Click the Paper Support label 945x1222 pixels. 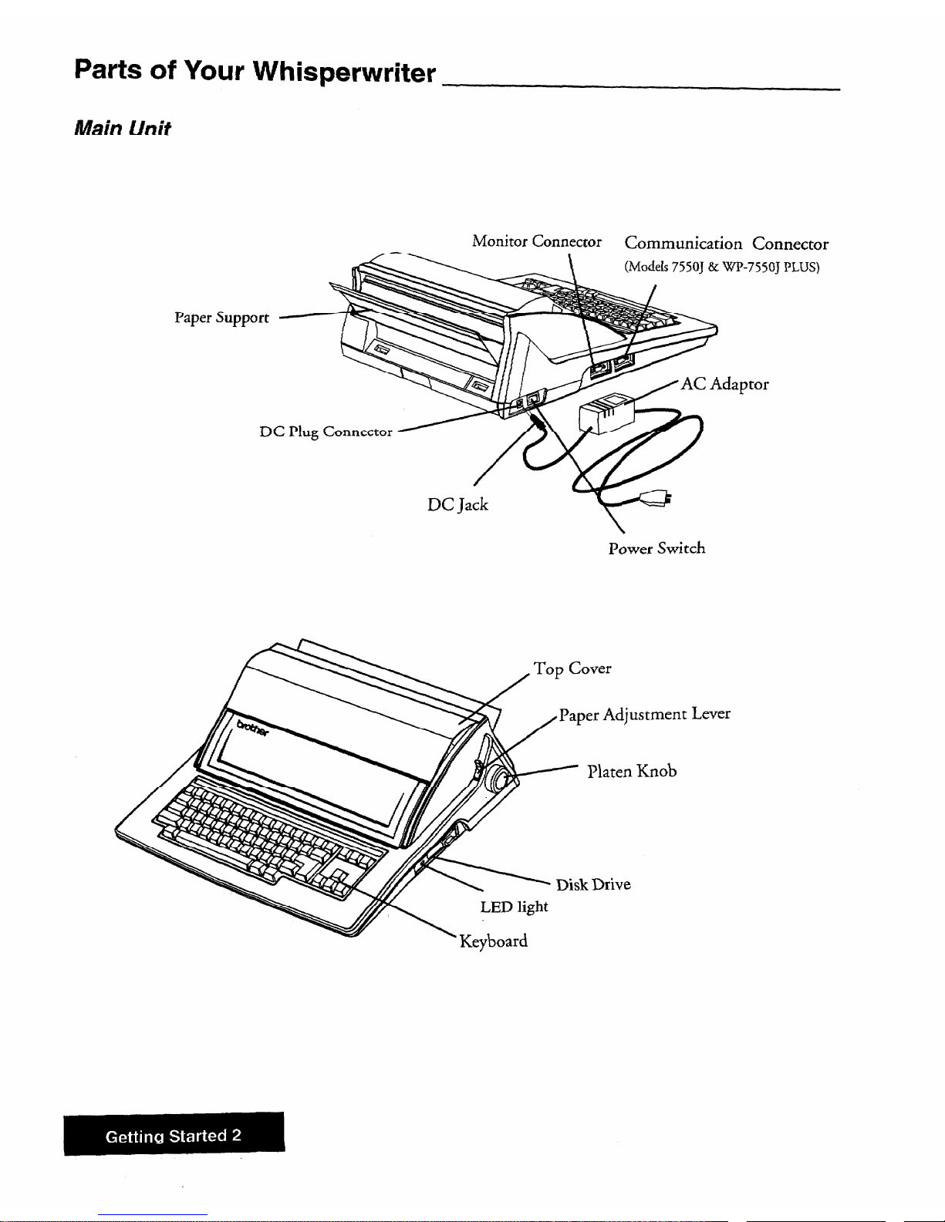click(x=221, y=318)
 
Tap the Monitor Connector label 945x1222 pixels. click(x=537, y=241)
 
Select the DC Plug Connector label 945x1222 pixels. click(x=326, y=432)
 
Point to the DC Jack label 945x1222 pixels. click(x=457, y=504)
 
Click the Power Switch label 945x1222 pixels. click(x=656, y=548)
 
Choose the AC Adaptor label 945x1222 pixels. click(x=724, y=385)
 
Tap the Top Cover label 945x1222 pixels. click(x=572, y=668)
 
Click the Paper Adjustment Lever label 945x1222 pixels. click(x=645, y=715)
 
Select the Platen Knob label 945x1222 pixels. click(x=632, y=771)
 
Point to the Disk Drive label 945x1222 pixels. click(x=593, y=884)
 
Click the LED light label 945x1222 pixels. click(x=514, y=907)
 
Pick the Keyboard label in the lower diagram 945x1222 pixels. click(x=493, y=941)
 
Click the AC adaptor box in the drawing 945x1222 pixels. click(x=606, y=413)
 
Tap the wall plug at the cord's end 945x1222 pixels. click(x=653, y=498)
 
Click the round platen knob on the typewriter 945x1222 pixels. click(x=498, y=780)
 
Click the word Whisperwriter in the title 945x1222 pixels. click(x=344, y=72)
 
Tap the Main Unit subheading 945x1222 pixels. click(x=122, y=128)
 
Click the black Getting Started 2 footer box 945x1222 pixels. click(x=174, y=1133)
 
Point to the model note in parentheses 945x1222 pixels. click(x=722, y=267)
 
